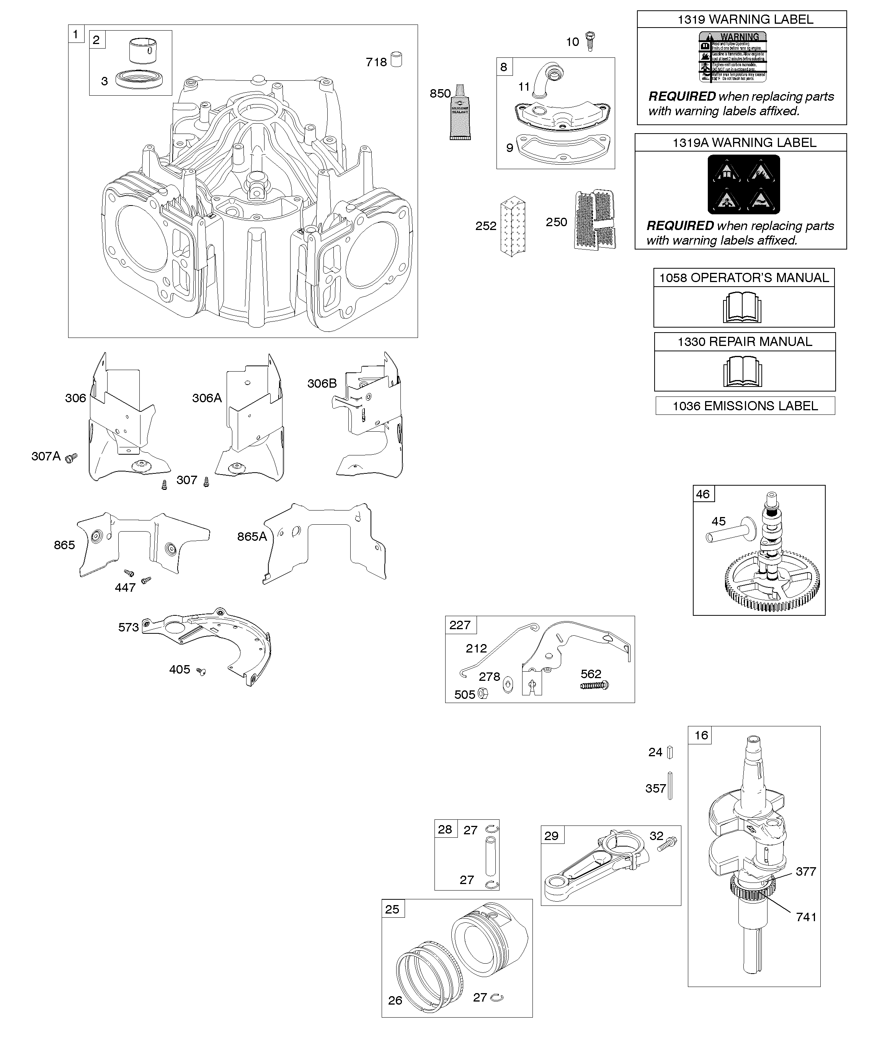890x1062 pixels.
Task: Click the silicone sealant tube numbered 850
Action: click(460, 112)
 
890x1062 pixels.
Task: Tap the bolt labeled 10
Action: click(590, 41)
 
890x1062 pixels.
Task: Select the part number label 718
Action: click(376, 62)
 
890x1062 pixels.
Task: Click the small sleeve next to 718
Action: click(397, 60)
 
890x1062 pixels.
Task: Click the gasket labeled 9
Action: click(555, 147)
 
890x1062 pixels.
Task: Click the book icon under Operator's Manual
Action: click(742, 307)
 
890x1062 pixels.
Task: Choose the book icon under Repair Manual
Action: click(743, 371)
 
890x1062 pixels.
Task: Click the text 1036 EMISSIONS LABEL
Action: click(745, 406)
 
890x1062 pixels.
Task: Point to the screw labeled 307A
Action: click(72, 458)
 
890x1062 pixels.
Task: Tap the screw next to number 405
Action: click(201, 672)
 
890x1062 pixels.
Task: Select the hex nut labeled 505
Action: click(483, 694)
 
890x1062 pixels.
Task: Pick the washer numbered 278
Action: click(508, 686)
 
